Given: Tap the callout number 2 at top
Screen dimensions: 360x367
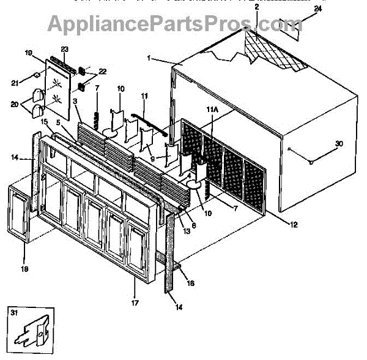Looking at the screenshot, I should coord(256,7).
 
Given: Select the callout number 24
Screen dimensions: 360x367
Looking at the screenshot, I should coord(317,9).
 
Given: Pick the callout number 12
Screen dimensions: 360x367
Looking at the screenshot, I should coord(294,225).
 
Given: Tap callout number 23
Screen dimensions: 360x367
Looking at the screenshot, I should coord(64,49).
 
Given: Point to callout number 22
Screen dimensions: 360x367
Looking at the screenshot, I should coord(102,72).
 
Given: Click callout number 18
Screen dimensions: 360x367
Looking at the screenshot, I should coord(25,268).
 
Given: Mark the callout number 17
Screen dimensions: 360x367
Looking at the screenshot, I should coord(136,302).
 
